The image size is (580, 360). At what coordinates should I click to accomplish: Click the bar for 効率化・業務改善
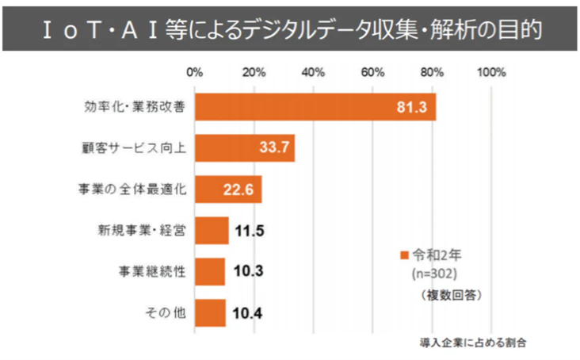coord(315,106)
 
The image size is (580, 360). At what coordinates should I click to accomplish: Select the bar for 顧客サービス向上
coord(245,148)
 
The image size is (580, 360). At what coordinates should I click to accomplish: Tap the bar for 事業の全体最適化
coord(228,190)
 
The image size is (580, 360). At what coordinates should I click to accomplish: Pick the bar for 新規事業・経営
coord(212,232)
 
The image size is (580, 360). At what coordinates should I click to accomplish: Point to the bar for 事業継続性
coord(210,272)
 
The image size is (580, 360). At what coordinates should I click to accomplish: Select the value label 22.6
coord(240,190)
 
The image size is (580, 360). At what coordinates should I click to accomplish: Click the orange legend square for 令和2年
coord(403,255)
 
